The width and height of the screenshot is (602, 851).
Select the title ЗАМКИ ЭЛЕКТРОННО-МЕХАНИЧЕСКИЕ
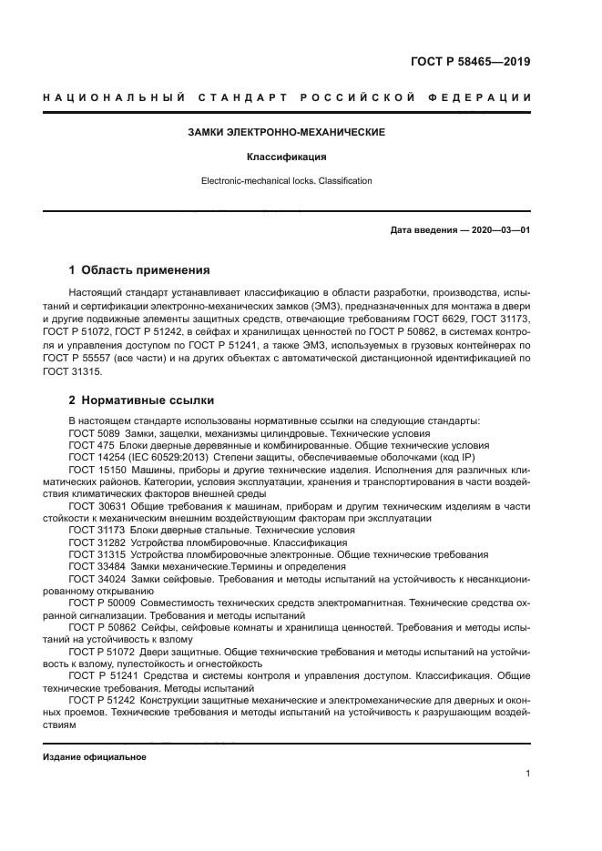(x=286, y=132)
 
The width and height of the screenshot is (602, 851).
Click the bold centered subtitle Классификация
(x=286, y=157)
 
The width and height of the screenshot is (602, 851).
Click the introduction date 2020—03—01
(x=497, y=230)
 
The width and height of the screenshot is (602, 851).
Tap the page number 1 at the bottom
(x=527, y=774)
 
